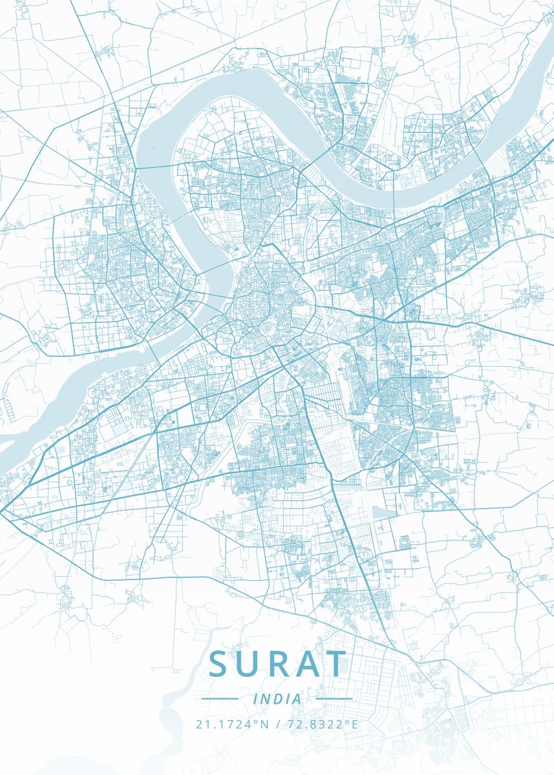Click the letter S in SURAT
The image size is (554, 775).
tap(220, 664)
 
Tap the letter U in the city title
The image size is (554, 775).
tap(249, 664)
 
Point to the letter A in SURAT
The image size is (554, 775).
tap(306, 664)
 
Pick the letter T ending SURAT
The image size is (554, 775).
tap(335, 664)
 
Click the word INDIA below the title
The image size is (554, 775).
tap(277, 699)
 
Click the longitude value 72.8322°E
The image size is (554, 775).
tap(321, 724)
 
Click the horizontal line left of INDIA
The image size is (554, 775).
tap(220, 699)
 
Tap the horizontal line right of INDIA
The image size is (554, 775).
tap(334, 699)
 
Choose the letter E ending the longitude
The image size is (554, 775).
tap(354, 724)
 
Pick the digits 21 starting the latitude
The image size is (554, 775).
tap(202, 724)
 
